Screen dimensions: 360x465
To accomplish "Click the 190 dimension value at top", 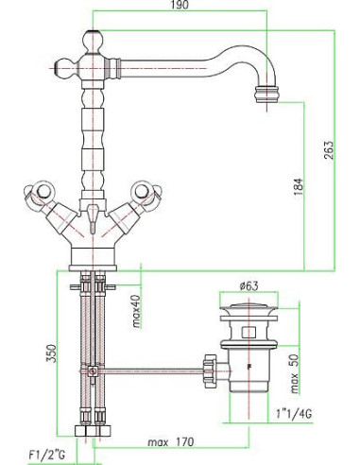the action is pyautogui.click(x=180, y=6).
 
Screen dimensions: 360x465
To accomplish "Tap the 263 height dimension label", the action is pyautogui.click(x=328, y=149).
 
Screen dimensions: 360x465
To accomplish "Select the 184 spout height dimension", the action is pyautogui.click(x=299, y=186).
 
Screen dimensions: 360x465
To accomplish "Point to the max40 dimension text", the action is pyautogui.click(x=136, y=311).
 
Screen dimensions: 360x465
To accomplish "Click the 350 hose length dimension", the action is pyautogui.click(x=51, y=353).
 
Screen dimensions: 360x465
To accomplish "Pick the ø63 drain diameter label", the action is pyautogui.click(x=249, y=286).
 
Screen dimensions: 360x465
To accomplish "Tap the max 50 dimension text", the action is pyautogui.click(x=294, y=374).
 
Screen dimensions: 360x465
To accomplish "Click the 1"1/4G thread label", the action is pyautogui.click(x=294, y=414).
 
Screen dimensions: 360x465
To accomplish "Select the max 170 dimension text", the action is pyautogui.click(x=171, y=442).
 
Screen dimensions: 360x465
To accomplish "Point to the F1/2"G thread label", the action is pyautogui.click(x=46, y=456).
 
